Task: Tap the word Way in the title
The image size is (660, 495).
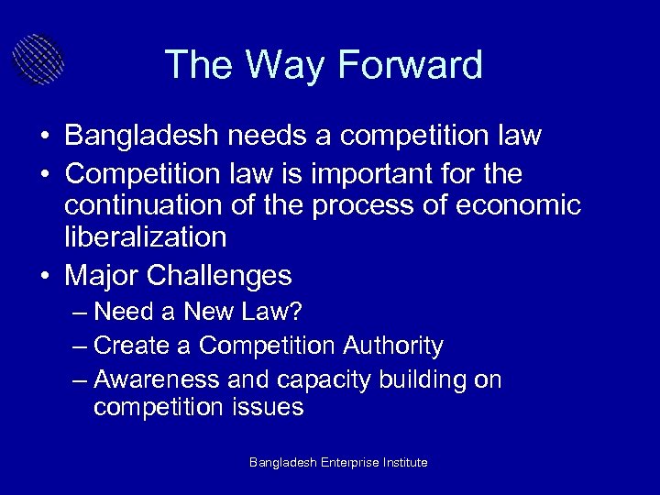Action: click(x=286, y=65)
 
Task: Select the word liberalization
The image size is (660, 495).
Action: click(x=146, y=237)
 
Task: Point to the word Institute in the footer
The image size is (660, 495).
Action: click(x=406, y=463)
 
